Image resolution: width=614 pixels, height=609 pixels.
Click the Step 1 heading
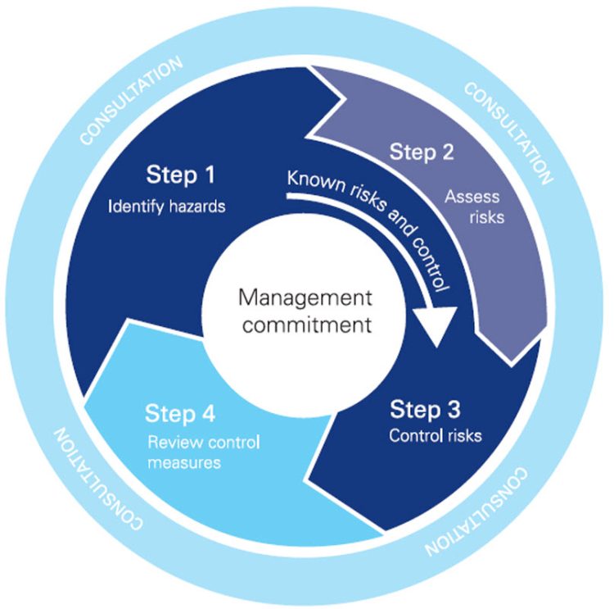[x=180, y=175]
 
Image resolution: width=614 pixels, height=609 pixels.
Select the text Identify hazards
[x=166, y=207]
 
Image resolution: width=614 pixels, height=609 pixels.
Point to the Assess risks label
[x=474, y=207]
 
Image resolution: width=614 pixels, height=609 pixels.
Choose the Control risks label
[x=435, y=436]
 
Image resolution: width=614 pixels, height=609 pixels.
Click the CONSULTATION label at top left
[x=130, y=102]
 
